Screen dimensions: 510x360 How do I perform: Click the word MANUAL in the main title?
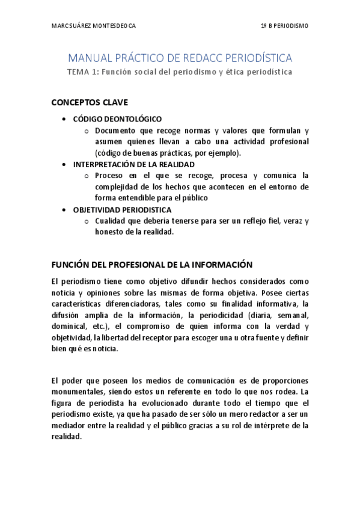[x=86, y=58]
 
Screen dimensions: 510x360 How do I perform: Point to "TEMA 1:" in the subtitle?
[x=82, y=72]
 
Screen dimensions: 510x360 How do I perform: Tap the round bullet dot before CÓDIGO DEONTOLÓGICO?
[x=64, y=119]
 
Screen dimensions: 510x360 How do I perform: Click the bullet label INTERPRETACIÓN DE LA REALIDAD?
[x=133, y=164]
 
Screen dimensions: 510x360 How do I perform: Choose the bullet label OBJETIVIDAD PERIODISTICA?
[x=122, y=210]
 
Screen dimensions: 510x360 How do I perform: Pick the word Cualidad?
[x=111, y=221]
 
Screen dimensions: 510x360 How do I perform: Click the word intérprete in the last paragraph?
[x=270, y=426]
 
